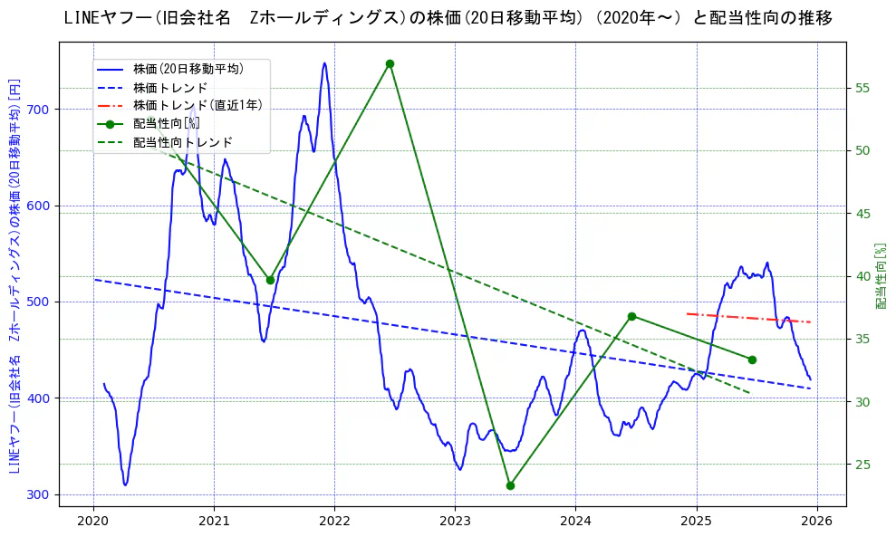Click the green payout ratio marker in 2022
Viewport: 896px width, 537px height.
390,64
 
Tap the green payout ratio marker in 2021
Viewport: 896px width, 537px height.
270,280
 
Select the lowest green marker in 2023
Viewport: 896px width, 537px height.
510,485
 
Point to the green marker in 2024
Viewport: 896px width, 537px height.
631,316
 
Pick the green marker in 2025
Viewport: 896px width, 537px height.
752,360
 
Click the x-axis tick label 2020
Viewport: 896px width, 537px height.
93,521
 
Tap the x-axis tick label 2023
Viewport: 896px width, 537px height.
455,521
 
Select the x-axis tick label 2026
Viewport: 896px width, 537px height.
817,521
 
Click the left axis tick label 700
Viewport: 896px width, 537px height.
41,110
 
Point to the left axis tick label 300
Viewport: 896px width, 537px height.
41,494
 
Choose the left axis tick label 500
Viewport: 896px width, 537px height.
41,302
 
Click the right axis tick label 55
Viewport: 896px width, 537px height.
862,88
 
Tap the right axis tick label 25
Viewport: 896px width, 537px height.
862,465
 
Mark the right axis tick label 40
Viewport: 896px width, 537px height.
862,276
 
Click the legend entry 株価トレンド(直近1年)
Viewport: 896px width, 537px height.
198,105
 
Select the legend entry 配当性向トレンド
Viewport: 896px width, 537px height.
182,142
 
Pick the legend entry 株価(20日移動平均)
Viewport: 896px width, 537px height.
188,68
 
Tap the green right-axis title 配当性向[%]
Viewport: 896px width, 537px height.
881,276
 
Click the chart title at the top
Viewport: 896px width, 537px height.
448,18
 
